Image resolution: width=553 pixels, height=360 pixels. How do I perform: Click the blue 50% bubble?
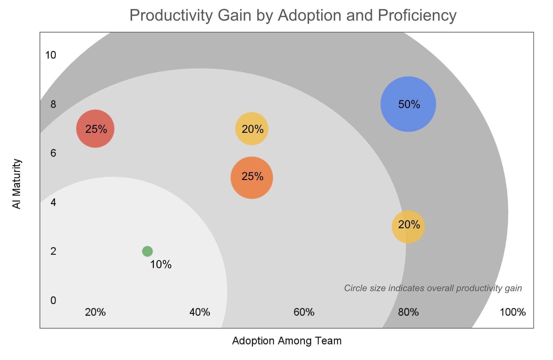click(x=408, y=104)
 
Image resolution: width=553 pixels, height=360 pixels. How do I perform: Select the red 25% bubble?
click(x=95, y=129)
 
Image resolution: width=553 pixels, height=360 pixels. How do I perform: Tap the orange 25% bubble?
click(x=252, y=178)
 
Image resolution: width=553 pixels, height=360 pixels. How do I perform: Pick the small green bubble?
click(x=148, y=251)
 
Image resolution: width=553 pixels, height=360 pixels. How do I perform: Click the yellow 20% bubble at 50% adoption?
click(x=252, y=129)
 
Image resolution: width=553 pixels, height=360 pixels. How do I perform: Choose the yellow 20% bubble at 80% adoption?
click(x=408, y=226)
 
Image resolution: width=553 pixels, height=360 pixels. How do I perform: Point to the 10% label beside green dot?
click(x=161, y=265)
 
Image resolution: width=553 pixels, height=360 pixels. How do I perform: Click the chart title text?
click(x=293, y=16)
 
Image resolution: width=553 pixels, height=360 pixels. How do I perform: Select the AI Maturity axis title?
click(x=17, y=184)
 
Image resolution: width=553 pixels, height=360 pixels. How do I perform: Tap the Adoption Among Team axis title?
click(x=287, y=341)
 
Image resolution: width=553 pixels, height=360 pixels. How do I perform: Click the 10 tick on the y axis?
click(x=51, y=55)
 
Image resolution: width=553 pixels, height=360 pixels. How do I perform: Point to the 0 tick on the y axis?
click(x=53, y=300)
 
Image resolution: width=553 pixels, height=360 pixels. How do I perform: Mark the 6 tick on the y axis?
click(x=53, y=153)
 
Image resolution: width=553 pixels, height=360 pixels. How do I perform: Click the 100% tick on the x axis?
click(x=512, y=312)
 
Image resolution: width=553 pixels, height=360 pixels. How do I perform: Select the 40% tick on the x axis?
click(x=200, y=312)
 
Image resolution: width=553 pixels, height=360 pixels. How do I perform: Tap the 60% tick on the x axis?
click(x=304, y=312)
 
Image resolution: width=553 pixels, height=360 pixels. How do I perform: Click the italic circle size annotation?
click(x=433, y=288)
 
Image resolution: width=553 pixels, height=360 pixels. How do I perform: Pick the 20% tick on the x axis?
click(x=95, y=312)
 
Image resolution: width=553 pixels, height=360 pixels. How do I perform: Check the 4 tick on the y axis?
click(x=53, y=202)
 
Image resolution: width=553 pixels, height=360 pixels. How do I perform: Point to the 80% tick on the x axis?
click(x=408, y=312)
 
